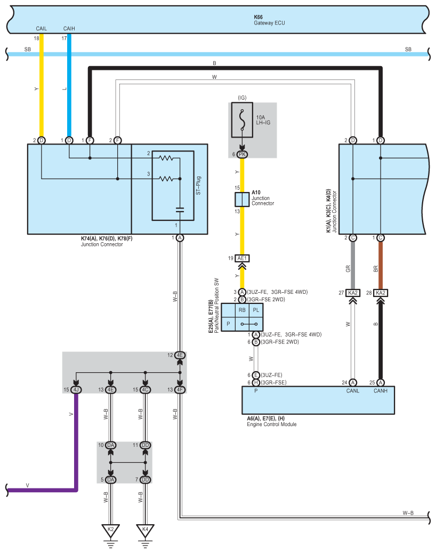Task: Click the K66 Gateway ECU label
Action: tap(269, 20)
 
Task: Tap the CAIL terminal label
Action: tap(41, 29)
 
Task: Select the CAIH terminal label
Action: tap(69, 29)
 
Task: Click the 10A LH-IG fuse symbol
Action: tap(242, 120)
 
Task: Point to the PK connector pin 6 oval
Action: tap(242, 155)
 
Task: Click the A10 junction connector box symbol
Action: tap(242, 199)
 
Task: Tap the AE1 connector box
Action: tap(242, 259)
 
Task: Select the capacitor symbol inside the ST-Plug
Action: tap(180, 210)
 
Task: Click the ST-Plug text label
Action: tap(198, 186)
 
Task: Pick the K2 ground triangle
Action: tap(111, 531)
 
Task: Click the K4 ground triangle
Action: tap(145, 531)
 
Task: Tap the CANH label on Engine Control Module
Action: tap(381, 391)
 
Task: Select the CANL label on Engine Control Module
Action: tap(352, 391)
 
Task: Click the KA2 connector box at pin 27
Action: tap(353, 293)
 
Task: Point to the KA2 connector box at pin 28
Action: tap(381, 293)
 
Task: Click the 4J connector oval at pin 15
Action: tap(76, 390)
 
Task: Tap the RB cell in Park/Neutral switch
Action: tap(242, 310)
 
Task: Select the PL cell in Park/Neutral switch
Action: tap(256, 310)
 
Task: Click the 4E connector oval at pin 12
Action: tap(180, 355)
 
